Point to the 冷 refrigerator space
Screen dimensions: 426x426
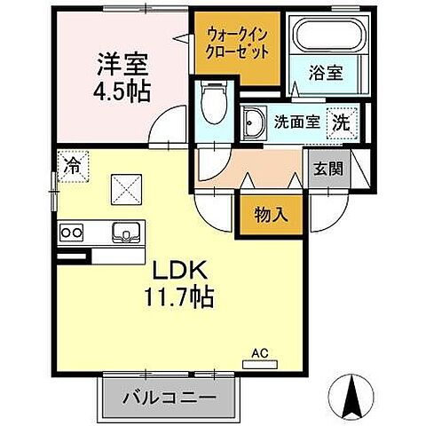click(72, 166)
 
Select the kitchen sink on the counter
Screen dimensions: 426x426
click(125, 233)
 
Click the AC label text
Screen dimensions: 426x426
click(260, 351)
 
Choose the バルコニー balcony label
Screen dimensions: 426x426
click(170, 396)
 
